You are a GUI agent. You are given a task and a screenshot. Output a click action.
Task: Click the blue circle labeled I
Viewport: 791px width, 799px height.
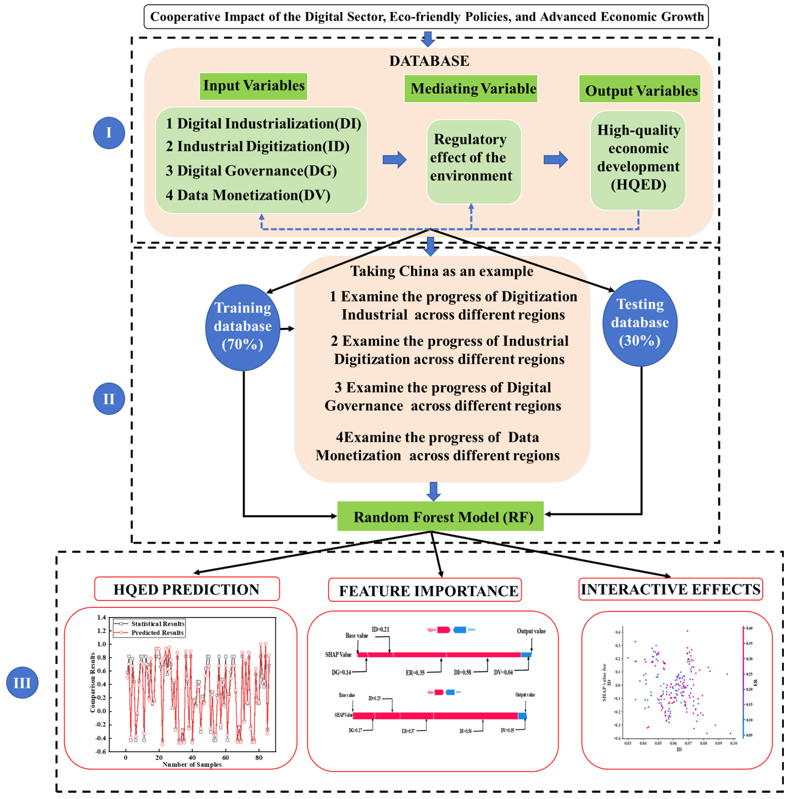[109, 133]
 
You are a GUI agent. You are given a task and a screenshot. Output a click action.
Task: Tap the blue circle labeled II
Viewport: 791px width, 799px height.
[109, 399]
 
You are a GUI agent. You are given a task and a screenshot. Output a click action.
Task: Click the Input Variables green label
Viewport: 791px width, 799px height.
[253, 86]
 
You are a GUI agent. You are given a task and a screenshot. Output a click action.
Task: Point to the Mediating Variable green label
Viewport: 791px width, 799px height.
[471, 89]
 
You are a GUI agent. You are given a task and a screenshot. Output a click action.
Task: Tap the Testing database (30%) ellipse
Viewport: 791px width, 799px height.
[640, 323]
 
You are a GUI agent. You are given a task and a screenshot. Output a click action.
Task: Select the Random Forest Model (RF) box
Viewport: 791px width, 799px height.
[440, 516]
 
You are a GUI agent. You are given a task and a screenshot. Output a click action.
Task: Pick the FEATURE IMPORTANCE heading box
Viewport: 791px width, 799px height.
[425, 591]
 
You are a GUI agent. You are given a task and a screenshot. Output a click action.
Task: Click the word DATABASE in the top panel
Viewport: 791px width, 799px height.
[429, 61]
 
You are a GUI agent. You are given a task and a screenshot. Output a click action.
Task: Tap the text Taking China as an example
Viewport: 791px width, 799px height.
[441, 271]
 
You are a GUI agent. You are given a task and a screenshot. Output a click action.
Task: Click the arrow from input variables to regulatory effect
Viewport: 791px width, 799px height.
[394, 160]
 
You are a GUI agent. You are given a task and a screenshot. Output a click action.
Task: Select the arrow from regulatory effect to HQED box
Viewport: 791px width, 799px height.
[555, 160]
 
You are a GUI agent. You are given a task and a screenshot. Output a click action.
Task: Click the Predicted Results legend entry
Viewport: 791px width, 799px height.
[157, 633]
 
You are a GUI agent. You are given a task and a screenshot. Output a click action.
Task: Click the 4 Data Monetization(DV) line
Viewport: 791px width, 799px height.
[248, 195]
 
